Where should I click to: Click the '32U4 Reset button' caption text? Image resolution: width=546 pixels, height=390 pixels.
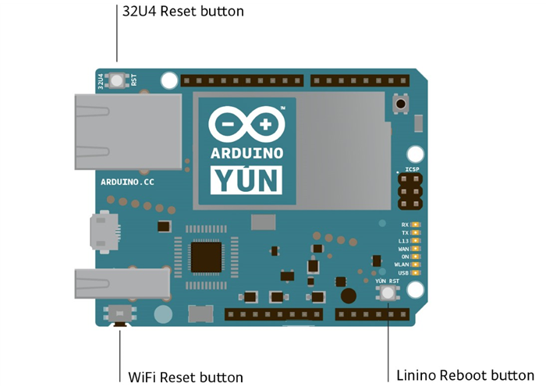point(183,12)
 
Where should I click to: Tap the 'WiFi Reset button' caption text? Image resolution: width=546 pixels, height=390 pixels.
point(186,377)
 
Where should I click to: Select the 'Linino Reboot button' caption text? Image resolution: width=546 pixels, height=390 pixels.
point(465,375)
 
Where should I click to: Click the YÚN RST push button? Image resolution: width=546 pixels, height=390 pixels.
point(388,293)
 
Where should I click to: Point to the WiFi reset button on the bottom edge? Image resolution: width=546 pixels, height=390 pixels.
point(120,314)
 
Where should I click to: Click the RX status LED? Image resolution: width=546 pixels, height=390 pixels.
point(416,224)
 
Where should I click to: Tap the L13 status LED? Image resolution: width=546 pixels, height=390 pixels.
point(416,240)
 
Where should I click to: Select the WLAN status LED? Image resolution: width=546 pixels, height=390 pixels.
point(416,264)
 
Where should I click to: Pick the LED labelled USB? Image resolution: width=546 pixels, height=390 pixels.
point(416,273)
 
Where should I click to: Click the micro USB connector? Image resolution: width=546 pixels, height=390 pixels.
point(101,231)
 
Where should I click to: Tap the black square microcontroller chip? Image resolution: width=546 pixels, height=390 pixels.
point(205,257)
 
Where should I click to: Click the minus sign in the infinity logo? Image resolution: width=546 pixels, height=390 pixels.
point(228,125)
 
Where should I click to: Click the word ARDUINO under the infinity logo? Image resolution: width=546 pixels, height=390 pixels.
point(246,154)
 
